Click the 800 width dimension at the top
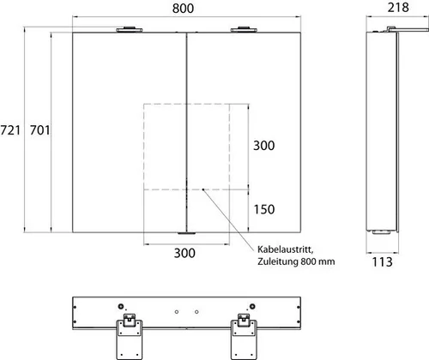183,9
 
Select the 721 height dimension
10,130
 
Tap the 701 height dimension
40,130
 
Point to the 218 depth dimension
398,8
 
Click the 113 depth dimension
382,262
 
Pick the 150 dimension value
264,209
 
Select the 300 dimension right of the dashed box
264,146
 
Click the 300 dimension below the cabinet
184,253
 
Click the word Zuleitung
277,261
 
